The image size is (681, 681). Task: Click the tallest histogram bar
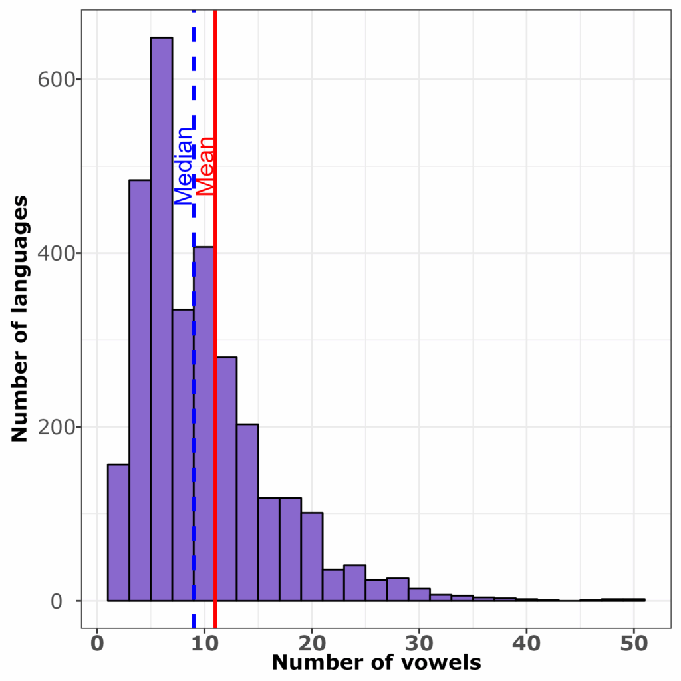161,319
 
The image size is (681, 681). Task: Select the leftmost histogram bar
118,532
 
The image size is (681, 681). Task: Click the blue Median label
183,166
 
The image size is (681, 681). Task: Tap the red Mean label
205,166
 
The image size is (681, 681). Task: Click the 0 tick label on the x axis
97,644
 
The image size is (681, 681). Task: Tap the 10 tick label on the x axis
204,644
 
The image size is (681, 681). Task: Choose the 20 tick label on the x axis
312,644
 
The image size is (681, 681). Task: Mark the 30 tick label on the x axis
419,644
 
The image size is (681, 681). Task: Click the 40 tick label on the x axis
526,644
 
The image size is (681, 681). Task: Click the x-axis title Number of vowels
376,663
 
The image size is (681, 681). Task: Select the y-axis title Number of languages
19,319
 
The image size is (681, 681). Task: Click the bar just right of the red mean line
226,479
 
